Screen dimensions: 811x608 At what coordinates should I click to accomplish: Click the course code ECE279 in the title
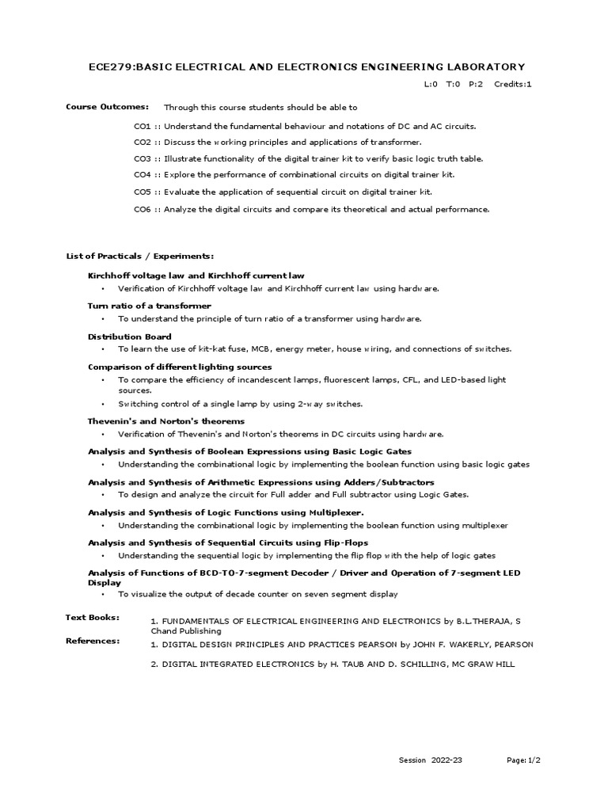(110, 67)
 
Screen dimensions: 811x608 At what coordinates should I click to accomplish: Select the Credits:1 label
(513, 84)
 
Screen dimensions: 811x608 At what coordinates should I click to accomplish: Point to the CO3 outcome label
(142, 158)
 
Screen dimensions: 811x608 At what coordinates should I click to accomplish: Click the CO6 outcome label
(142, 209)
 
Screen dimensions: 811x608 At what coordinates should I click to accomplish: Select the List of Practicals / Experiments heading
(139, 256)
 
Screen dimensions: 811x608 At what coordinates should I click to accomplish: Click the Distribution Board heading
(123, 337)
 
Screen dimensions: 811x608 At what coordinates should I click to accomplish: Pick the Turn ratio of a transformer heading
(149, 306)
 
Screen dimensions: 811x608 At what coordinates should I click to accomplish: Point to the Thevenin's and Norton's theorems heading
(165, 421)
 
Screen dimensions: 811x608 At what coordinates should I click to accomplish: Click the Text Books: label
(92, 617)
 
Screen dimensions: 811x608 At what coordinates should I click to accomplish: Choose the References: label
(92, 640)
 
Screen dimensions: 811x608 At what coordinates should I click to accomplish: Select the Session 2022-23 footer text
(430, 760)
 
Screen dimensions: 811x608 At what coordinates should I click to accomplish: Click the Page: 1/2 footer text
(524, 760)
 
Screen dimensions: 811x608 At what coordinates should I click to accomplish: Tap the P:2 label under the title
(477, 84)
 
